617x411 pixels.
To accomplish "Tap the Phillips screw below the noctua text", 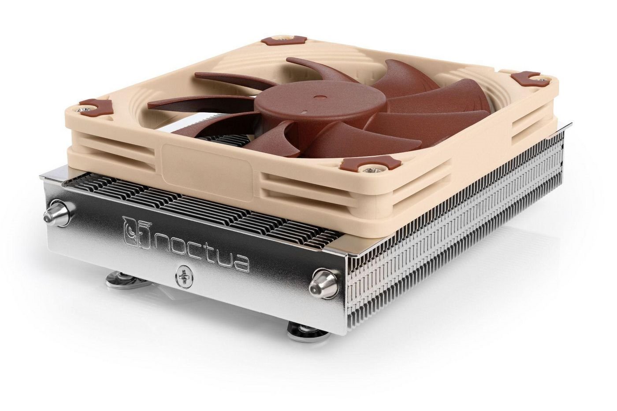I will point(182,276).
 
